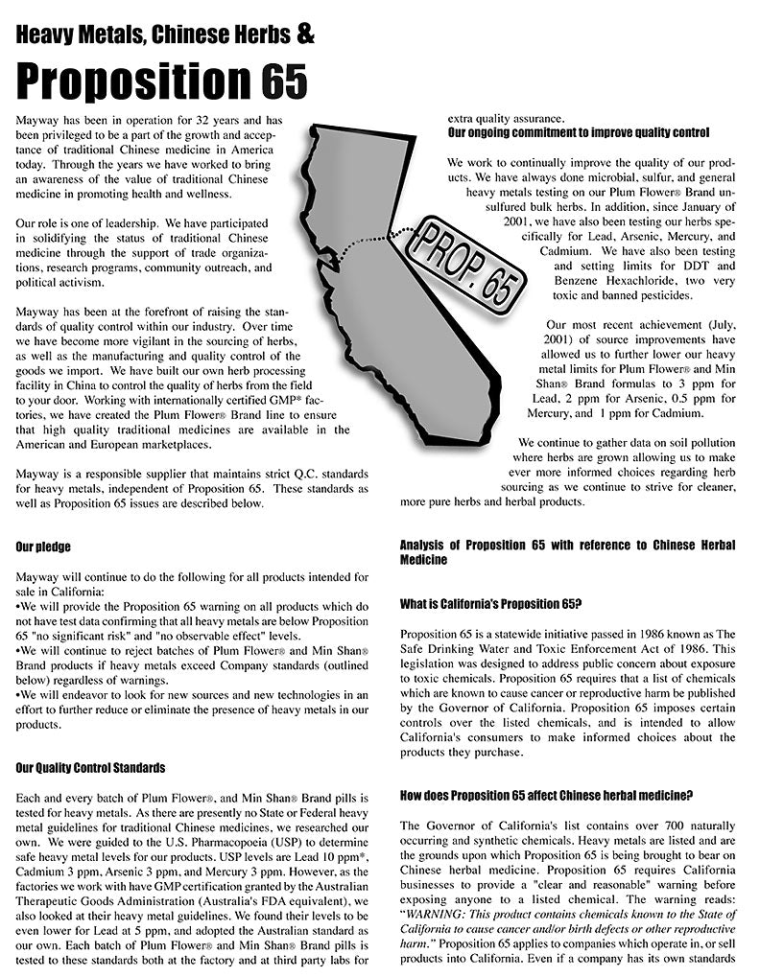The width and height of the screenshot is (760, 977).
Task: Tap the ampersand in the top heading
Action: tap(305, 35)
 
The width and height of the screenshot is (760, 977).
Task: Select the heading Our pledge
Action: tap(43, 547)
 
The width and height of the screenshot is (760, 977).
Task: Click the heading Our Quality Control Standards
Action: tap(90, 768)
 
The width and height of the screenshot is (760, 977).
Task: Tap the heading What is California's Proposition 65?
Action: tap(491, 604)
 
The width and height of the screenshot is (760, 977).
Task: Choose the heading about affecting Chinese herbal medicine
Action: tap(546, 795)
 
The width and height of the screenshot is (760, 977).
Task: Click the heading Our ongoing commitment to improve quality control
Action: tap(579, 132)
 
